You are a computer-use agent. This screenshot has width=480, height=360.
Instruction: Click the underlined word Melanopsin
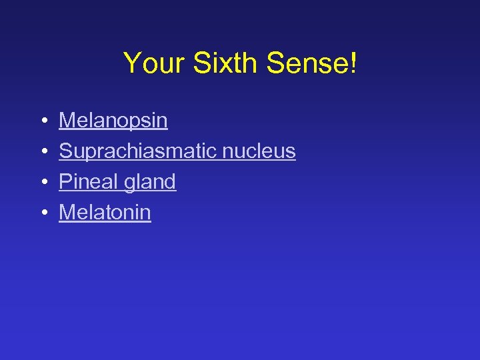(113, 121)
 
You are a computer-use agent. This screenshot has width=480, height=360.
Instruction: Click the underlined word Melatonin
(105, 213)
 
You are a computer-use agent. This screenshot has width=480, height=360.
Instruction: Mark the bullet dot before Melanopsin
(42, 121)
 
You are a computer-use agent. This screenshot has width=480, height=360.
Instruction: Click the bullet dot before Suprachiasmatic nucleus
(42, 152)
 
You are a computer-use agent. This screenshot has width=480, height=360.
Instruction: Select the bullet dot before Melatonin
(42, 213)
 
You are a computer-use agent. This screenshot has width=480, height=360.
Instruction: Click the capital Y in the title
(132, 63)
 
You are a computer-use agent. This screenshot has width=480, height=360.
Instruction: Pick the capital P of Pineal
(65, 182)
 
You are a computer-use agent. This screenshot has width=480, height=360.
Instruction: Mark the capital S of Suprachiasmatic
(65, 151)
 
